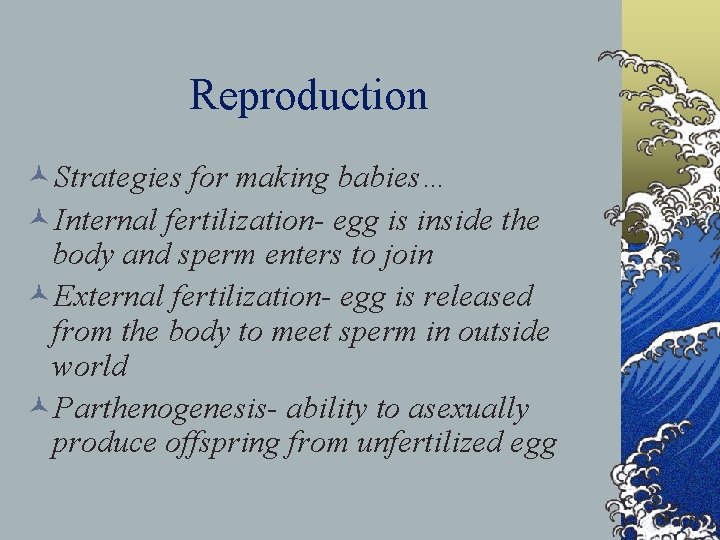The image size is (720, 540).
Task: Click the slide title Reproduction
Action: pyautogui.click(x=308, y=96)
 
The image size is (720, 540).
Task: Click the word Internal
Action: pyautogui.click(x=109, y=220)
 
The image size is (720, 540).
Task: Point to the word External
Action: pyautogui.click(x=111, y=297)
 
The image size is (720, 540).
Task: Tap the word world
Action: pyautogui.click(x=90, y=366)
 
